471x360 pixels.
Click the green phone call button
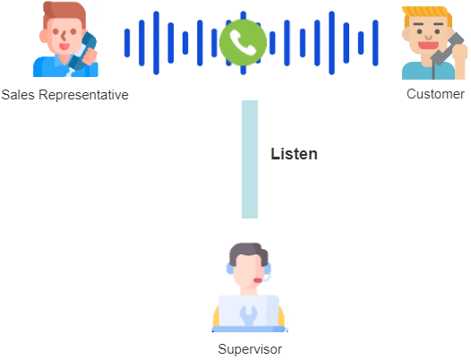click(x=243, y=43)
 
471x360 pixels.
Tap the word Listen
click(x=294, y=154)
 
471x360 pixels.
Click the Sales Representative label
click(x=64, y=95)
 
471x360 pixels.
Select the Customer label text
click(x=435, y=94)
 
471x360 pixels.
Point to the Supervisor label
click(x=250, y=349)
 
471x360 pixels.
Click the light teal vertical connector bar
click(x=250, y=159)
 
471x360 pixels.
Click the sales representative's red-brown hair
click(x=64, y=13)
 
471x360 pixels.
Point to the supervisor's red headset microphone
click(x=257, y=280)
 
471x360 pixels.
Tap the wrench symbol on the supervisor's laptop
click(x=248, y=315)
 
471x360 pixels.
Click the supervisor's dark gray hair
click(x=249, y=253)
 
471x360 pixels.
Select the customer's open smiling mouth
click(x=428, y=46)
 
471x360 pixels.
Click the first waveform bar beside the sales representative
click(x=127, y=43)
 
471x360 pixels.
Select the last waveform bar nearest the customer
click(x=375, y=43)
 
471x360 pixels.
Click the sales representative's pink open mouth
click(x=64, y=47)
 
